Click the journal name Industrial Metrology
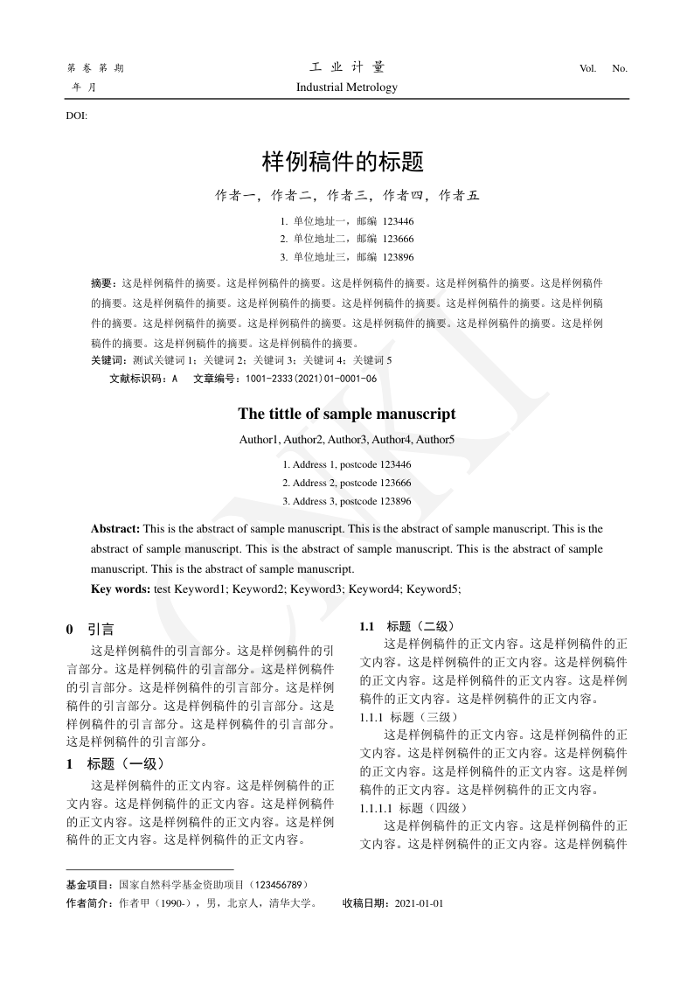coord(346,87)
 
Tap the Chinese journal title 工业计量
coord(347,67)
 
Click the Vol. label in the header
coord(587,68)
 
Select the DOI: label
coord(77,115)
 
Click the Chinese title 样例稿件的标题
coord(343,162)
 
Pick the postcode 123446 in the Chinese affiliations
coord(398,221)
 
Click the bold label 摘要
coord(102,284)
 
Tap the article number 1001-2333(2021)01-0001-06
coord(311,379)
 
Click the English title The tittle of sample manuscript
coord(346,414)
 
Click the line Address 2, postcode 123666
coord(347,483)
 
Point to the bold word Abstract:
coord(115,529)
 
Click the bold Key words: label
coord(121,589)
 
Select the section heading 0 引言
coord(90,630)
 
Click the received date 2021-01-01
coord(419,903)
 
